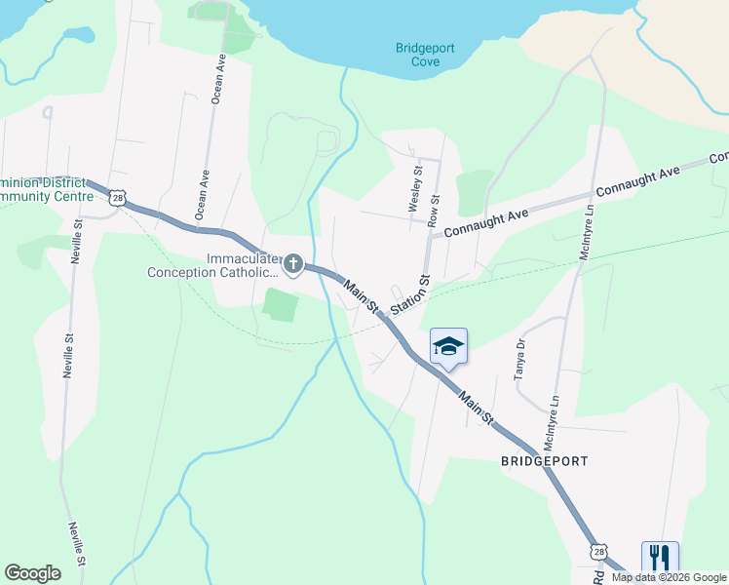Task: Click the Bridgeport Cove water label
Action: click(418, 55)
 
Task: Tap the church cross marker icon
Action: click(292, 263)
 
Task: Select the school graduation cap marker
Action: click(448, 346)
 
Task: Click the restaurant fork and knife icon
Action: click(660, 558)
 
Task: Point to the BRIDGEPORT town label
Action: click(547, 459)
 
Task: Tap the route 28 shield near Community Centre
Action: click(117, 198)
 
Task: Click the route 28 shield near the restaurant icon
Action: click(597, 552)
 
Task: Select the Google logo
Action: click(32, 573)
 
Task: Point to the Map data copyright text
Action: click(668, 577)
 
